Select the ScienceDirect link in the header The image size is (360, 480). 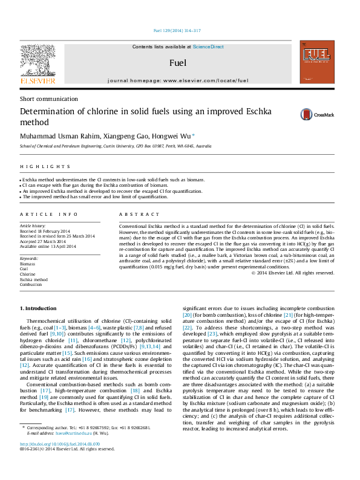click(x=208, y=47)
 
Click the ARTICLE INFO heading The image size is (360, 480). click(x=48, y=215)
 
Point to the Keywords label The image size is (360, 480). click(x=29, y=258)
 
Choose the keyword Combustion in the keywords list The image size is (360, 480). click(x=31, y=285)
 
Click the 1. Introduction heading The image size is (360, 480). click(x=38, y=308)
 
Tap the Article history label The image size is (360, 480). click(x=33, y=225)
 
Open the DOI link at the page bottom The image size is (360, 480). click(x=59, y=443)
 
